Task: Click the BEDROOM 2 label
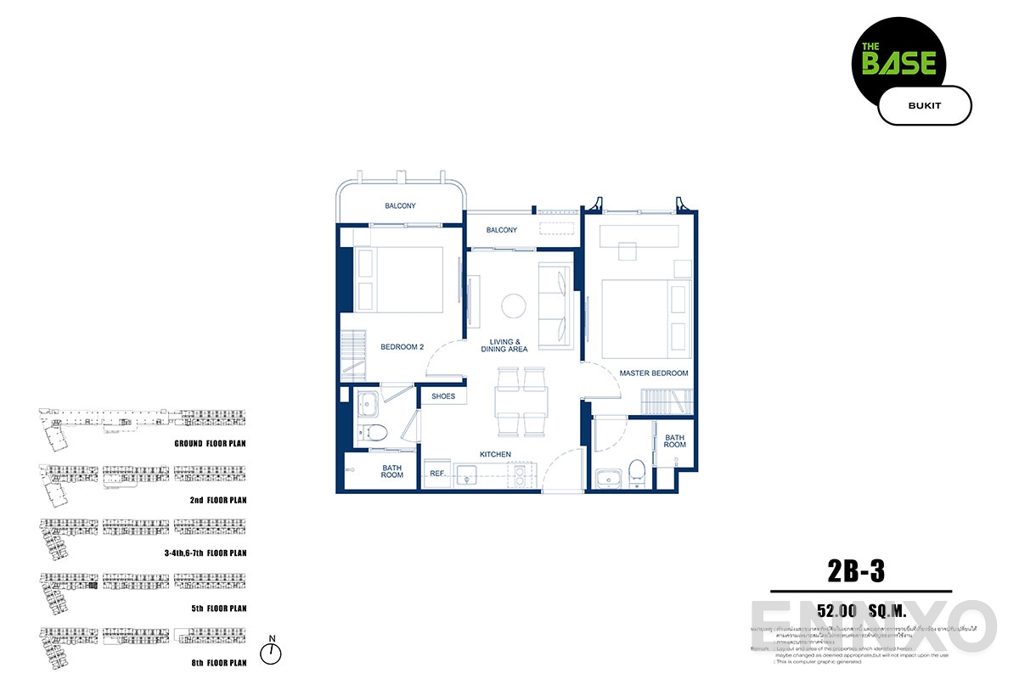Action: click(x=402, y=347)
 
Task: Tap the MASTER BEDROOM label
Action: click(x=653, y=373)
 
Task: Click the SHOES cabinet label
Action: click(x=443, y=396)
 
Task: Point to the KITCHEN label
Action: click(x=495, y=455)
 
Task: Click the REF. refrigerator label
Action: click(x=438, y=474)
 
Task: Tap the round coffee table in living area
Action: click(x=513, y=305)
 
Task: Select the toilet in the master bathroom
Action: click(x=638, y=472)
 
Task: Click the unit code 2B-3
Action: click(x=855, y=571)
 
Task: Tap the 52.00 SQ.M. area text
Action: click(x=850, y=611)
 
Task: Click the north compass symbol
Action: click(x=271, y=652)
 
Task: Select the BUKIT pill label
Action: click(x=924, y=105)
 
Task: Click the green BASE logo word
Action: click(x=899, y=63)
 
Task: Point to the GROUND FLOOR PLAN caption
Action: click(x=211, y=443)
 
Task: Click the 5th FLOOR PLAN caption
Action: click(x=217, y=608)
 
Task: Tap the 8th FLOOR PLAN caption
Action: click(x=217, y=662)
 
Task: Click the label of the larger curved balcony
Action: click(x=400, y=206)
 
